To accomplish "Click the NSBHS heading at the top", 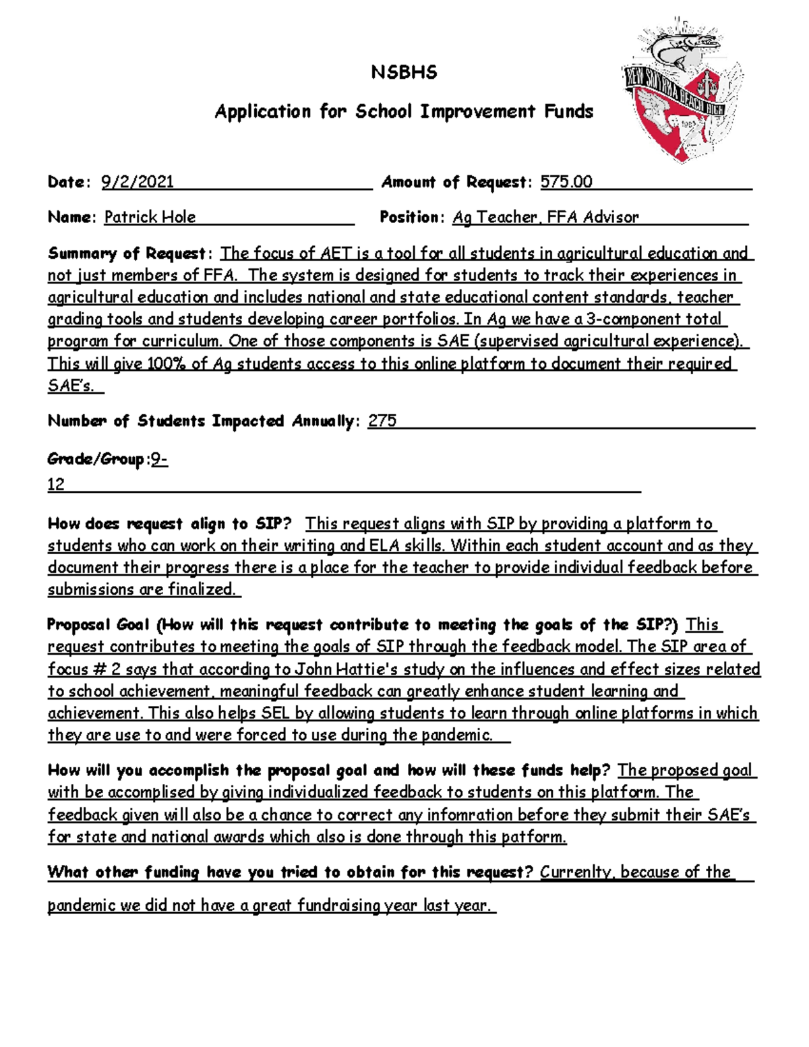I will pyautogui.click(x=404, y=73).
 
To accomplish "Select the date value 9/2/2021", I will pyautogui.click(x=138, y=182).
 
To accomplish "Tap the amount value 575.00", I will pyautogui.click(x=566, y=182).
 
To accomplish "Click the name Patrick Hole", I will pyautogui.click(x=150, y=217).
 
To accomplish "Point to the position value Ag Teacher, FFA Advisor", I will pyautogui.click(x=545, y=217).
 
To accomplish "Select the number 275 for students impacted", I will pyautogui.click(x=382, y=421).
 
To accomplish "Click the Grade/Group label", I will pyautogui.click(x=96, y=460).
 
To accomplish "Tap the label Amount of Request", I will pyautogui.click(x=456, y=182).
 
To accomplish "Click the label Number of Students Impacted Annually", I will pyautogui.click(x=201, y=421).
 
